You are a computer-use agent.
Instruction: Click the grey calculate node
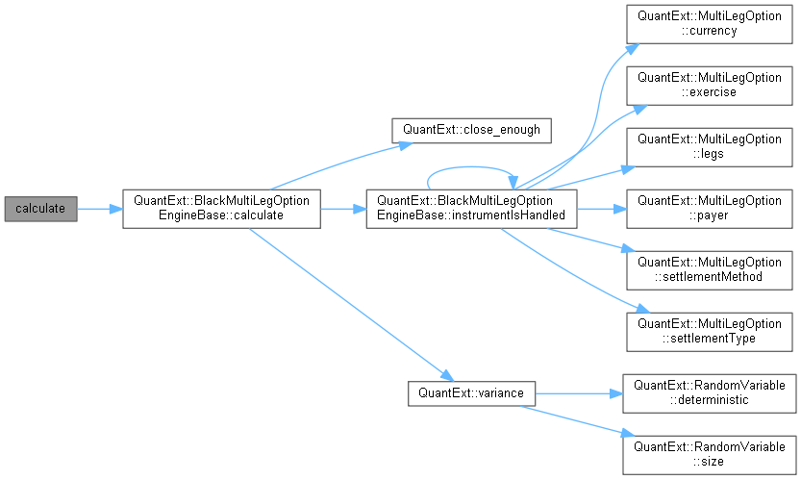pos(39,208)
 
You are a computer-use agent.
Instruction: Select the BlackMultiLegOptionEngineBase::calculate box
pos(220,208)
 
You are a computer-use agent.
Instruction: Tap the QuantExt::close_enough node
pos(470,127)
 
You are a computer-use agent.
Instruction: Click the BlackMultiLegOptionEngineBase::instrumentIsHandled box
pos(470,208)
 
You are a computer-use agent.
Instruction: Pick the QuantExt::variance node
pos(471,392)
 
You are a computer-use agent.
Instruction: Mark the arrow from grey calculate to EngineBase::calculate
pos(99,208)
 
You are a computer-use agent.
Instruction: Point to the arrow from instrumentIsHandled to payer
pos(601,208)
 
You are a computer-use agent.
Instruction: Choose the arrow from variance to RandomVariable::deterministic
pos(577,392)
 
